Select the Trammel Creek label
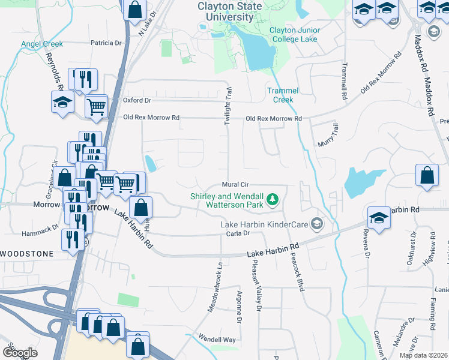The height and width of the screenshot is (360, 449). pyautogui.click(x=283, y=95)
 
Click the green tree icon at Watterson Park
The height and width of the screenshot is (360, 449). pyautogui.click(x=273, y=198)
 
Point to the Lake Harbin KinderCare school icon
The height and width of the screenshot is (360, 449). pyautogui.click(x=317, y=224)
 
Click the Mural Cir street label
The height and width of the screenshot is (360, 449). pyautogui.click(x=235, y=185)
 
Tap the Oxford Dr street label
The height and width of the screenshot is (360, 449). pyautogui.click(x=137, y=100)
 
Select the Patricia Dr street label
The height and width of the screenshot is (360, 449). pyautogui.click(x=106, y=43)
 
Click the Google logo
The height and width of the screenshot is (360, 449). pyautogui.click(x=20, y=352)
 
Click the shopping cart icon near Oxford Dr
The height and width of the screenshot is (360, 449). pyautogui.click(x=96, y=107)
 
